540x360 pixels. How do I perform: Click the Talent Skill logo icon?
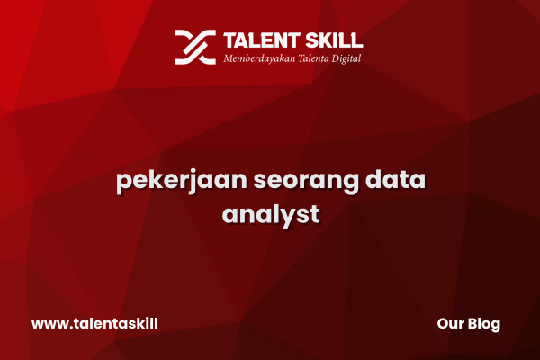pyautogui.click(x=195, y=47)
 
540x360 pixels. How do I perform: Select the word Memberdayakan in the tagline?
pyautogui.click(x=259, y=58)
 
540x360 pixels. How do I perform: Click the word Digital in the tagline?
pyautogui.click(x=346, y=58)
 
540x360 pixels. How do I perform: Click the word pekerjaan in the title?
pyautogui.click(x=182, y=181)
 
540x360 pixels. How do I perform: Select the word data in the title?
pyautogui.click(x=395, y=179)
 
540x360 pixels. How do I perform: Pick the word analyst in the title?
pyautogui.click(x=271, y=216)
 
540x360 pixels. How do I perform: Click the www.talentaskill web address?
pyautogui.click(x=94, y=323)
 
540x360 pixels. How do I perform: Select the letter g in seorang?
pyautogui.click(x=349, y=184)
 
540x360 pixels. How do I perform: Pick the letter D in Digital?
pyautogui.click(x=336, y=58)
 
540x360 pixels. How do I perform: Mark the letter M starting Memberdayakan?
pyautogui.click(x=229, y=58)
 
